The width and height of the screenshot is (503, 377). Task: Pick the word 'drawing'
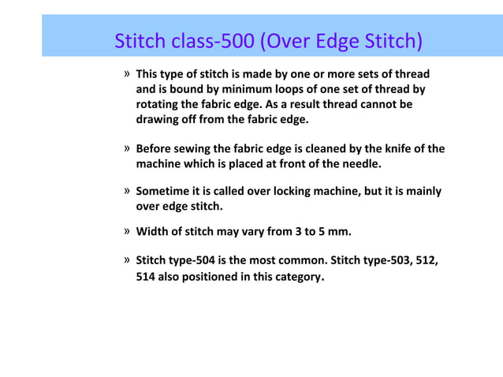(158, 119)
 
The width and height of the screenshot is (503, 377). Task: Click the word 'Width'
(152, 232)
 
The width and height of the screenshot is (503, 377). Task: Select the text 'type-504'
(195, 260)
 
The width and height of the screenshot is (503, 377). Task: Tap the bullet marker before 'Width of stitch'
(127, 232)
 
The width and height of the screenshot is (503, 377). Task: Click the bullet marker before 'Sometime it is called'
(127, 191)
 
